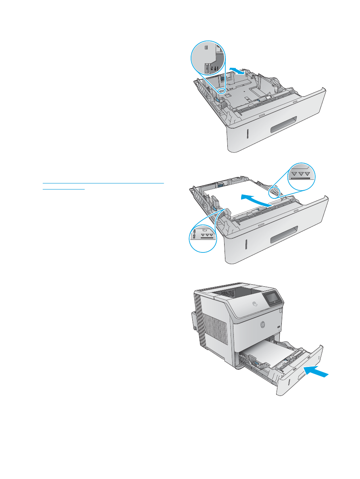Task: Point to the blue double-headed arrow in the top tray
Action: [237, 71]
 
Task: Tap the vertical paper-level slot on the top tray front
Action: [247, 135]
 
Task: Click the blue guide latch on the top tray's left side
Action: [218, 99]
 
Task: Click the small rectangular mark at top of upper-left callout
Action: [207, 48]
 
